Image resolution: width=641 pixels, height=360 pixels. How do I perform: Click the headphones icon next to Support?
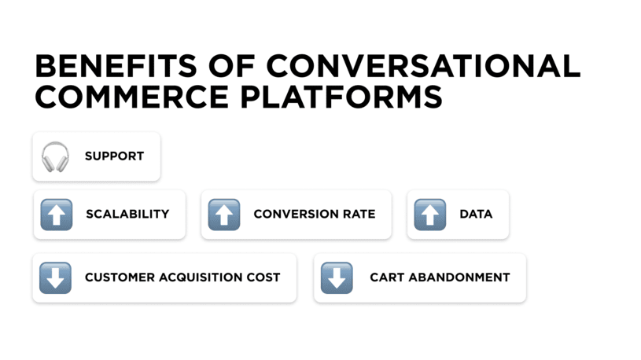pos(55,156)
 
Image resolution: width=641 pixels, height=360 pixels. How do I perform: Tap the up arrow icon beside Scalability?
pos(56,214)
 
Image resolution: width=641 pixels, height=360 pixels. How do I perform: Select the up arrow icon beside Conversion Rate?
pos(224,214)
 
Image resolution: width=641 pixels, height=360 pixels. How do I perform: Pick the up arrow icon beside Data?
pos(429,214)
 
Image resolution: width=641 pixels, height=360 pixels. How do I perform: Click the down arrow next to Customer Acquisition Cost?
pos(55,277)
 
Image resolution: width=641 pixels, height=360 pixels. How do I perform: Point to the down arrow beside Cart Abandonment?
pos(337,277)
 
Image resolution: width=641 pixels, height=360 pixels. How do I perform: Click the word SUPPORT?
pos(114,156)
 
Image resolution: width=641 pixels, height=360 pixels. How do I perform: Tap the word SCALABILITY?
pos(127,214)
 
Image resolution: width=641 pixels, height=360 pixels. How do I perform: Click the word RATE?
pos(357,214)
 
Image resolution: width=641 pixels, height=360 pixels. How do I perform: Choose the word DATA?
pos(476,214)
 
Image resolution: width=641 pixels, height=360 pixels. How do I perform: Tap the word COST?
pos(264,277)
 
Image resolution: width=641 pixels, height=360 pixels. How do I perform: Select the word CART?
pos(387,277)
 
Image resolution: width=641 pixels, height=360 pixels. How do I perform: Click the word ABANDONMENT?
pos(459,277)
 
